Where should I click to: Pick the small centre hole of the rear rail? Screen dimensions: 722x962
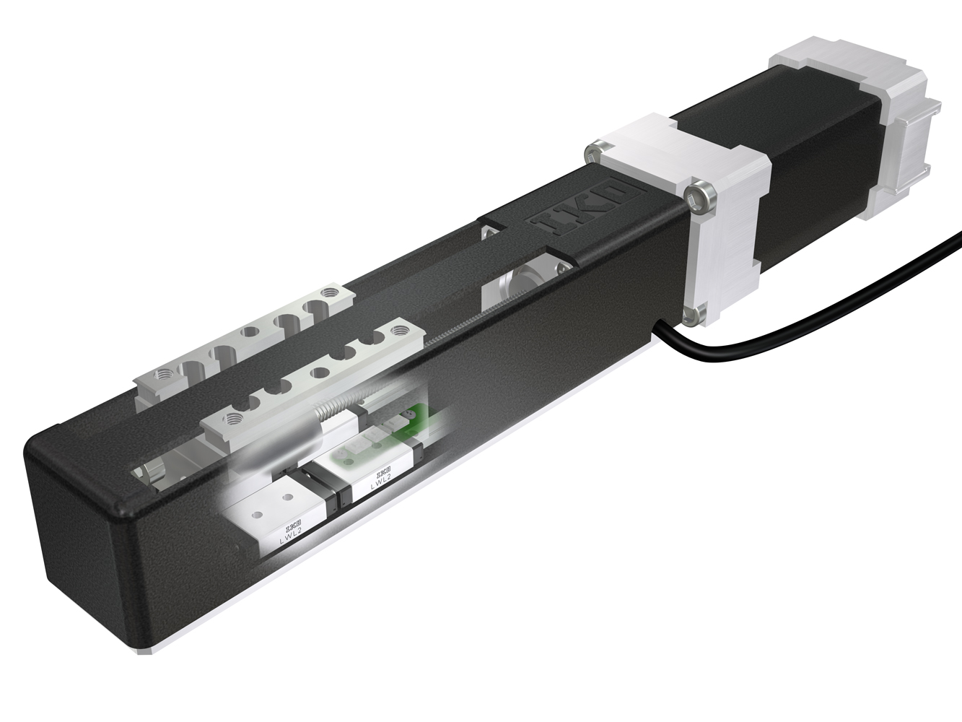click(252, 333)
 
